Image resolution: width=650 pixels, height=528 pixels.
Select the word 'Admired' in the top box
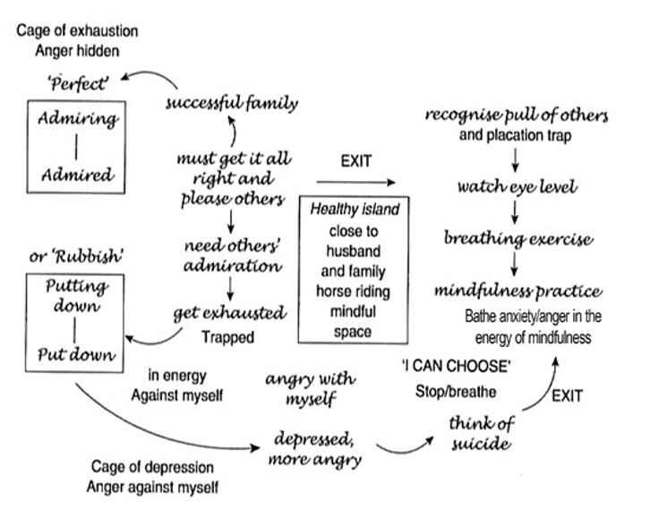coord(74,170)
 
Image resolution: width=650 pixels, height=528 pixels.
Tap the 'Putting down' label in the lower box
coord(74,297)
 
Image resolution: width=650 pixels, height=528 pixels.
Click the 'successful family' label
coord(232,103)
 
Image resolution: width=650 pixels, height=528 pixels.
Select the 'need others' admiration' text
coord(232,256)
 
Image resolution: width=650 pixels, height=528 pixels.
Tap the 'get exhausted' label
coord(230,314)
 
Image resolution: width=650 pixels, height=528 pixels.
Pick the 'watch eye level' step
coord(517,187)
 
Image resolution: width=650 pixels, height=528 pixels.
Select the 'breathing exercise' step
coord(518,239)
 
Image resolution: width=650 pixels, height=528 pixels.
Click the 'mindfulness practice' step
coord(517,291)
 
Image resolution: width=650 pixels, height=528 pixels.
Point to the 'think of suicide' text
coord(481,431)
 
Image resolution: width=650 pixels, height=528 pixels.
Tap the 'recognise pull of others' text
coord(517,116)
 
